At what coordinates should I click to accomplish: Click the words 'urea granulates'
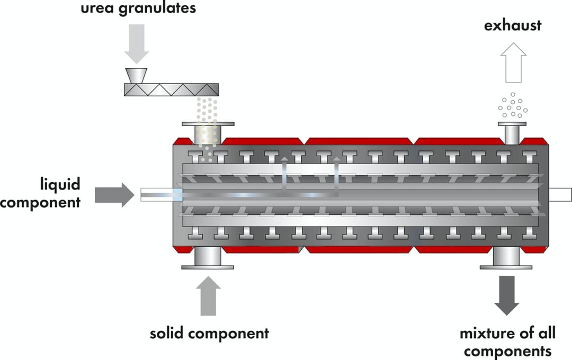click(138, 9)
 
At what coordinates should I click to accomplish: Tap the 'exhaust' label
click(512, 25)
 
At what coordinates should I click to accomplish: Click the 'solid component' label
click(209, 334)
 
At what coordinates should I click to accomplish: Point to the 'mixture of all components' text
click(508, 342)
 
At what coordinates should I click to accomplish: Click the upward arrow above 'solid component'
click(209, 298)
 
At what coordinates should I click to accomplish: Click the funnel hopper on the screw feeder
click(137, 75)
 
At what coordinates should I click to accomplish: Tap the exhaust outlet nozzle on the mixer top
click(512, 133)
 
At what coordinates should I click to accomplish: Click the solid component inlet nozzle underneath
click(208, 258)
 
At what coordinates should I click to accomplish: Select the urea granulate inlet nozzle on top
click(208, 132)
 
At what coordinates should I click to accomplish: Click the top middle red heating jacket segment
click(359, 141)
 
